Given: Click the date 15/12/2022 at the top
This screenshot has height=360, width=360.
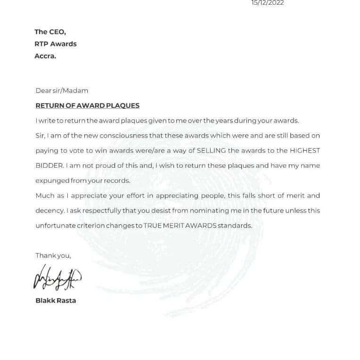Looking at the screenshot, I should [x=268, y=3].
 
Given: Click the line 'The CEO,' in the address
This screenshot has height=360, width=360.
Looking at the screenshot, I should [x=50, y=32].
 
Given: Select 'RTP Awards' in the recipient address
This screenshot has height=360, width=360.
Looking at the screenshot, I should [x=56, y=44].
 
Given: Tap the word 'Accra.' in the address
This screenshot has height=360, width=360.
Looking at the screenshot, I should [x=45, y=56].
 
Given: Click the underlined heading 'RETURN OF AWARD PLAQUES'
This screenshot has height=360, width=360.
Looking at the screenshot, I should [x=88, y=106].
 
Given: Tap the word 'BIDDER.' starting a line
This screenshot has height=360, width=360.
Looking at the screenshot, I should [x=49, y=166].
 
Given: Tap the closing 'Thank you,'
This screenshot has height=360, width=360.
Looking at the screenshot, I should [x=53, y=255].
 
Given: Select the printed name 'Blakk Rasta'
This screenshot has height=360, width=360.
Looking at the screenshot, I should [x=56, y=300].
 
